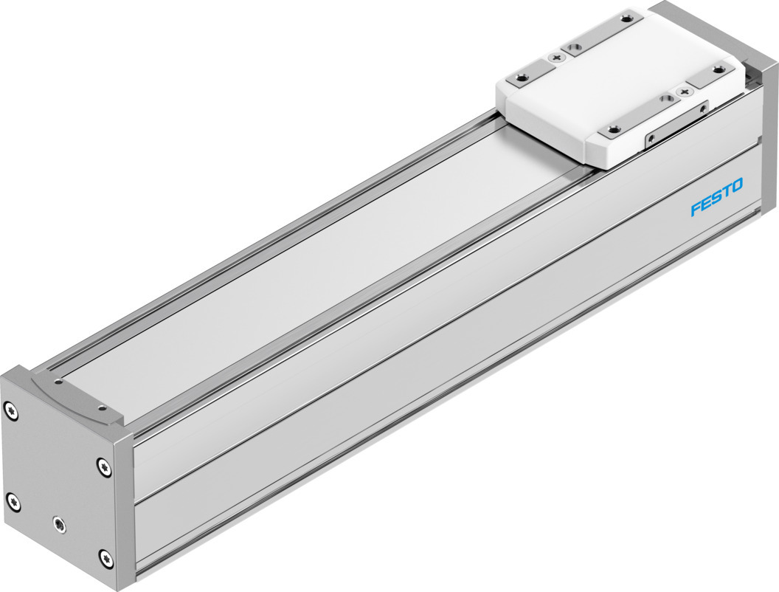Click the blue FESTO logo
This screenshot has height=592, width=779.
click(x=717, y=197)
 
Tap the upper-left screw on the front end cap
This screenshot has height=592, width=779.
click(x=11, y=410)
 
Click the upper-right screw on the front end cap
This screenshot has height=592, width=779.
click(x=104, y=467)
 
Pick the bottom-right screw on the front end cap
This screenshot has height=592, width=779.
click(x=103, y=558)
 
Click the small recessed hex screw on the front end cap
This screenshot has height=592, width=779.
click(x=59, y=523)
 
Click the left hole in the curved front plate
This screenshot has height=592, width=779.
click(x=58, y=382)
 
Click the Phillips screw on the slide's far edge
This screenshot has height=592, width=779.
click(x=556, y=58)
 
